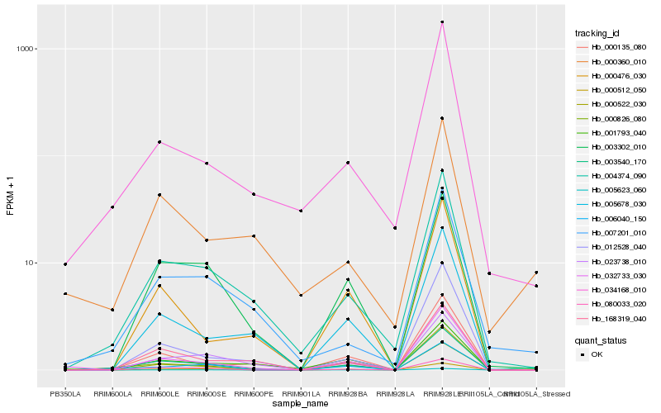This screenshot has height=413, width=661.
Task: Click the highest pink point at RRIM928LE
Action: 443,22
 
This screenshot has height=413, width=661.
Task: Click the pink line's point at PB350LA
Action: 65,264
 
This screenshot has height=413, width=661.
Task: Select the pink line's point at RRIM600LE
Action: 159,142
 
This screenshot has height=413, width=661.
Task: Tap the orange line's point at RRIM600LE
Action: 159,195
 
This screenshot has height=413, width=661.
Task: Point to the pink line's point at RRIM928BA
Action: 349,163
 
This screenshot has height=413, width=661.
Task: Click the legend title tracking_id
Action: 597,33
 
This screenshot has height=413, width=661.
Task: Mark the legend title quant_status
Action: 601,339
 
